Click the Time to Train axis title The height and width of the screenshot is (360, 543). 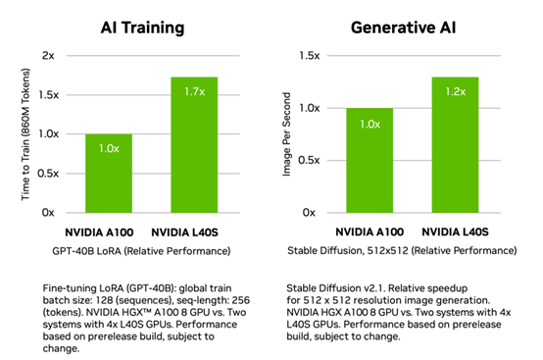tap(23, 133)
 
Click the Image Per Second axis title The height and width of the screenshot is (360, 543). tap(285, 133)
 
